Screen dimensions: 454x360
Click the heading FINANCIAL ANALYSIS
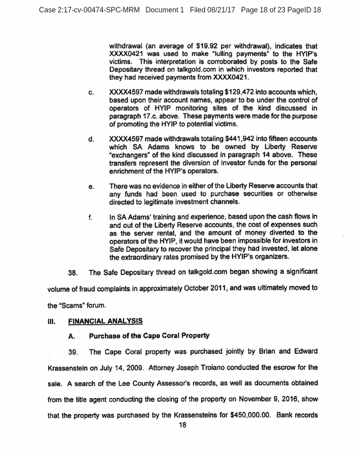pos(106,321)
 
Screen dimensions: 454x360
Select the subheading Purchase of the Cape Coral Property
pos(149,336)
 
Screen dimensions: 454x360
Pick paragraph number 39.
pos(73,352)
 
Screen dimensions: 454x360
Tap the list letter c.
pos(91,93)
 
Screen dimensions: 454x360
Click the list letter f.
pos(90,217)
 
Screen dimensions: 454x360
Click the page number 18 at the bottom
pos(182,425)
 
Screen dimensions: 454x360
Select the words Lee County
pos(138,383)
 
